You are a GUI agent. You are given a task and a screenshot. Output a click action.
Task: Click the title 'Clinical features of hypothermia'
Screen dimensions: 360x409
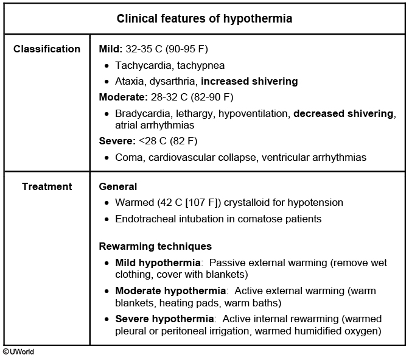pyautogui.click(x=204, y=19)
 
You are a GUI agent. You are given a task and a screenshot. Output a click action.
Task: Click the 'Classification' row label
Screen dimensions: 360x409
pyautogui.click(x=47, y=49)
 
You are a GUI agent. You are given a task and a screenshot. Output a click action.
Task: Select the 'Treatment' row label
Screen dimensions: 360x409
pyautogui.click(x=47, y=186)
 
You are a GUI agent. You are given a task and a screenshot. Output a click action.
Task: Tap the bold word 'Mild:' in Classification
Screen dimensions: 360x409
pyautogui.click(x=111, y=49)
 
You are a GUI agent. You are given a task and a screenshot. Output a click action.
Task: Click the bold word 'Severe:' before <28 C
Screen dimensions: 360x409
pyautogui.click(x=115, y=141)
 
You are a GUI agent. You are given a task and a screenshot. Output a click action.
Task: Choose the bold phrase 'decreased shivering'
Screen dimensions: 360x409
pyautogui.click(x=344, y=113)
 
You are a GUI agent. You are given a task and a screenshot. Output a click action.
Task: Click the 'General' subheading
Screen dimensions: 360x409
pyautogui.click(x=117, y=186)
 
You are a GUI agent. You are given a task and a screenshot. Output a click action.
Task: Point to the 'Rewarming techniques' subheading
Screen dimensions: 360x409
pyautogui.click(x=155, y=246)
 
